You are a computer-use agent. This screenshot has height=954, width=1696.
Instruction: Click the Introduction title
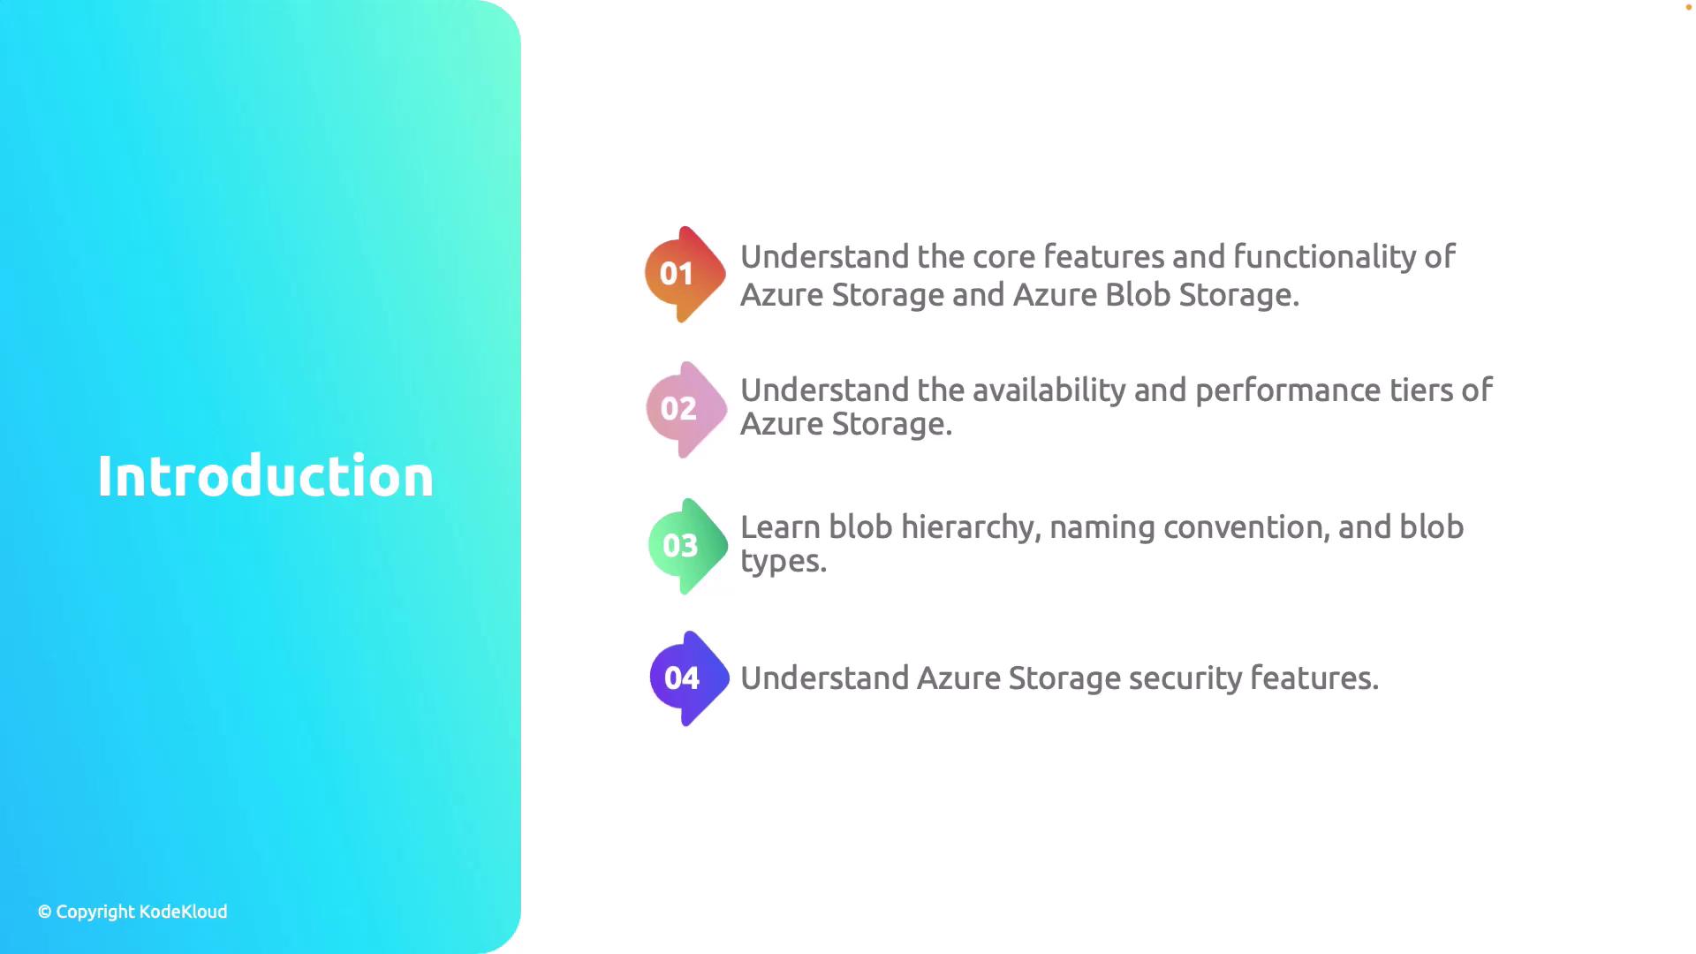coord(265,476)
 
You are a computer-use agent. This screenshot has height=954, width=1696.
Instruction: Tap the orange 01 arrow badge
coord(685,274)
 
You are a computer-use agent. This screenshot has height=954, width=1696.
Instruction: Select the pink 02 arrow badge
coord(686,409)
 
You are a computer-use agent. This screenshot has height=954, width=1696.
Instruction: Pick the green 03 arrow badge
coord(688,546)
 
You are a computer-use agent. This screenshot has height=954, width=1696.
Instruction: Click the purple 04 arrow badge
coord(689,678)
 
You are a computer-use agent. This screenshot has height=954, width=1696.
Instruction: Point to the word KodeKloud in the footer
coord(183,912)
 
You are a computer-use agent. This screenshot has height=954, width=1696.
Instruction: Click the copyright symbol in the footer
coord(44,912)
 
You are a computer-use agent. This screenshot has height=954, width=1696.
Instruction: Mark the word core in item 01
coord(1003,258)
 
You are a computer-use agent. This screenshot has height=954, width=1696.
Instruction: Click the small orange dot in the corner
coord(1689,7)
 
